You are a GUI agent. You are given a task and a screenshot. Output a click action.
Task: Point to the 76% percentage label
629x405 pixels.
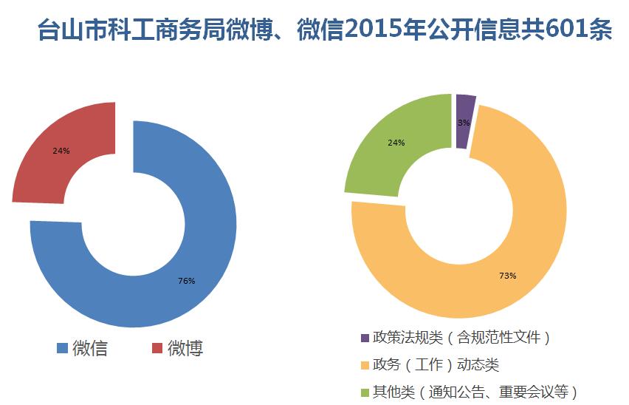[186, 281]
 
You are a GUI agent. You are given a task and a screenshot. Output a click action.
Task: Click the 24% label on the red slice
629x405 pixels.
[61, 151]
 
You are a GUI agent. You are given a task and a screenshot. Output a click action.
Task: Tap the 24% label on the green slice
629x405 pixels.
[396, 143]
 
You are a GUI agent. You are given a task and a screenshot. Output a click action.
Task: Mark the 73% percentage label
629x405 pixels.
[507, 276]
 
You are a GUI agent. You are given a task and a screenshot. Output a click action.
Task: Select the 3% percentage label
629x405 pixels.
[464, 123]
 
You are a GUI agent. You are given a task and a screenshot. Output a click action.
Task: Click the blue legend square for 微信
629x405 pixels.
[62, 348]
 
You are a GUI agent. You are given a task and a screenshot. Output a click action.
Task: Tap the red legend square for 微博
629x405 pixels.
[157, 348]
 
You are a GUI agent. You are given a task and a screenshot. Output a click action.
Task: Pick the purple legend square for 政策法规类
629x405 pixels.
[364, 338]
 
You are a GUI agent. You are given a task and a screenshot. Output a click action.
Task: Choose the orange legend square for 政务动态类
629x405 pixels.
[364, 365]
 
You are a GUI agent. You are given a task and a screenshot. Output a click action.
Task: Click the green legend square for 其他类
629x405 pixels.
[364, 392]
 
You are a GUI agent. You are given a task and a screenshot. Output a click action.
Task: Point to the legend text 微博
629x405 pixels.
[185, 348]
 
